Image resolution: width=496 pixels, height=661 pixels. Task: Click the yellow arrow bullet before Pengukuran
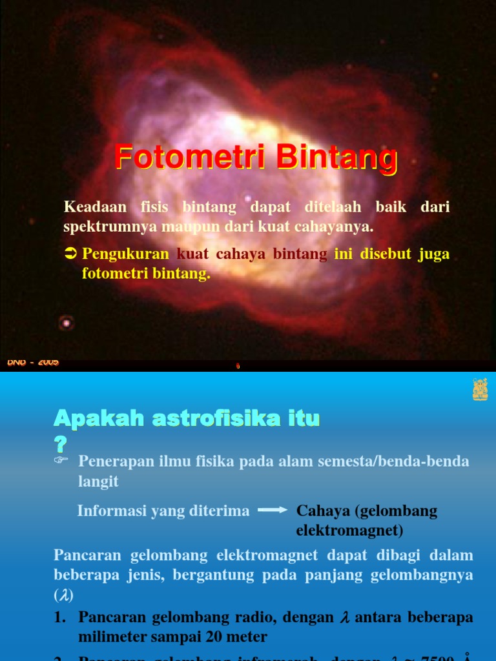tap(71, 254)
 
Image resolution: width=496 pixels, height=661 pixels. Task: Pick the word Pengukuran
tap(125, 254)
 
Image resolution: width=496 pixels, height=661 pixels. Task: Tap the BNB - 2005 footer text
tap(33, 362)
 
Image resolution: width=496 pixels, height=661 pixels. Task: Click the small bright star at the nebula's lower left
tap(65, 321)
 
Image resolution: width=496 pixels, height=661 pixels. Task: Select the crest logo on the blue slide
tap(480, 389)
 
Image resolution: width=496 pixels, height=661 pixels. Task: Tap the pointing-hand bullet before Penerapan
tap(61, 460)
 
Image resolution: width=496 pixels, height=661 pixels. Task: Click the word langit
tap(99, 482)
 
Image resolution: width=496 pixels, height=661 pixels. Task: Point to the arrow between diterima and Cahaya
tap(273, 511)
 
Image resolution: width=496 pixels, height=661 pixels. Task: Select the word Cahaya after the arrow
tap(322, 511)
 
